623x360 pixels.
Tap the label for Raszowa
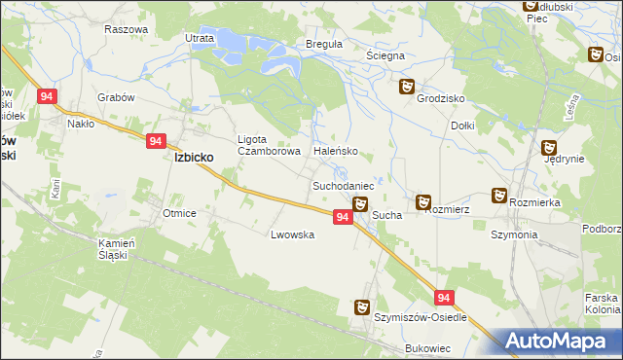[x=125, y=29]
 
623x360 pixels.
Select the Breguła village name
[x=324, y=45]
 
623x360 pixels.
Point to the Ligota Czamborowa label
[x=265, y=145]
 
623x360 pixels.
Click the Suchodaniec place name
[x=343, y=185]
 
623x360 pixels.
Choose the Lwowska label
[x=293, y=234]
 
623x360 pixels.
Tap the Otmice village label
[x=181, y=213]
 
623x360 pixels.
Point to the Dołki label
[x=463, y=126]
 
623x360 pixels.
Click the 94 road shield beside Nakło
[x=47, y=96]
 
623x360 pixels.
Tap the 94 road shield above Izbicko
[x=156, y=141]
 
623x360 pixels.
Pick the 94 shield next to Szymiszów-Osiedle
[x=444, y=299]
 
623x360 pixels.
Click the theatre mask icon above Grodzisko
[x=408, y=87]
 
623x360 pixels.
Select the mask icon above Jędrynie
[x=549, y=147]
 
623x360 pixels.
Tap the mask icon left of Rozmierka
[x=499, y=196]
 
